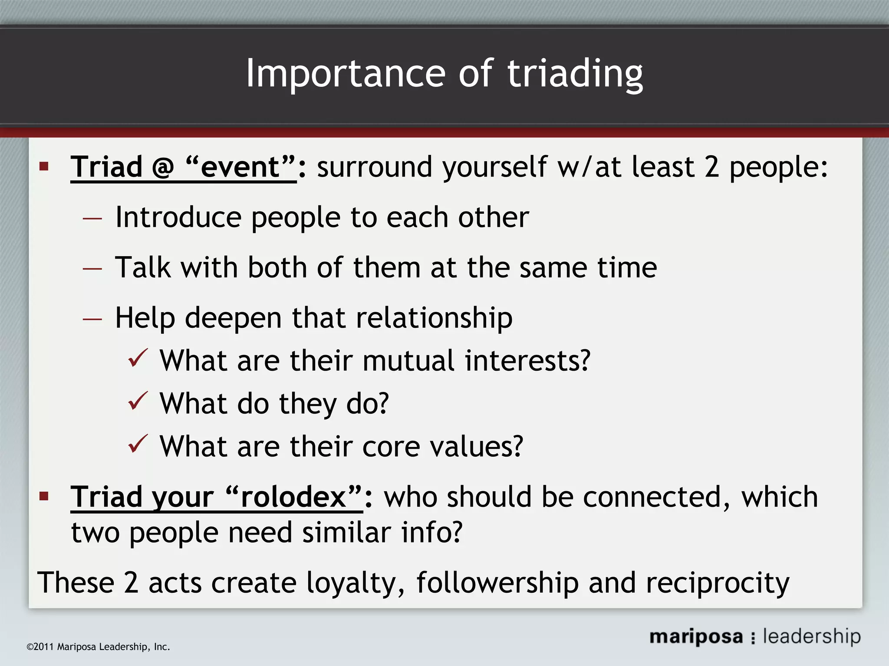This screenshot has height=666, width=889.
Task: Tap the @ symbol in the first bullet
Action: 163,167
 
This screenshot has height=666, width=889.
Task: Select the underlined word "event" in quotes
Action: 240,167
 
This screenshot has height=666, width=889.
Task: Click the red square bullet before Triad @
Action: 44,166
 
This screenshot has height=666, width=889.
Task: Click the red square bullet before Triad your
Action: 44,496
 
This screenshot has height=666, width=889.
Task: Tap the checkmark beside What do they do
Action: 138,401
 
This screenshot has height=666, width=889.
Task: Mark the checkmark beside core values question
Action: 138,444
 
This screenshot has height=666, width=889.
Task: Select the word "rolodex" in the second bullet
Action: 293,497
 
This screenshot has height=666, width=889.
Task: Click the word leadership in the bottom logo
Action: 812,637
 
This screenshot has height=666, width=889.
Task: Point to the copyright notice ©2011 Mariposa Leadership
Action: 98,647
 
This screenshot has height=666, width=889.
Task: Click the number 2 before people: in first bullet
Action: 711,167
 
